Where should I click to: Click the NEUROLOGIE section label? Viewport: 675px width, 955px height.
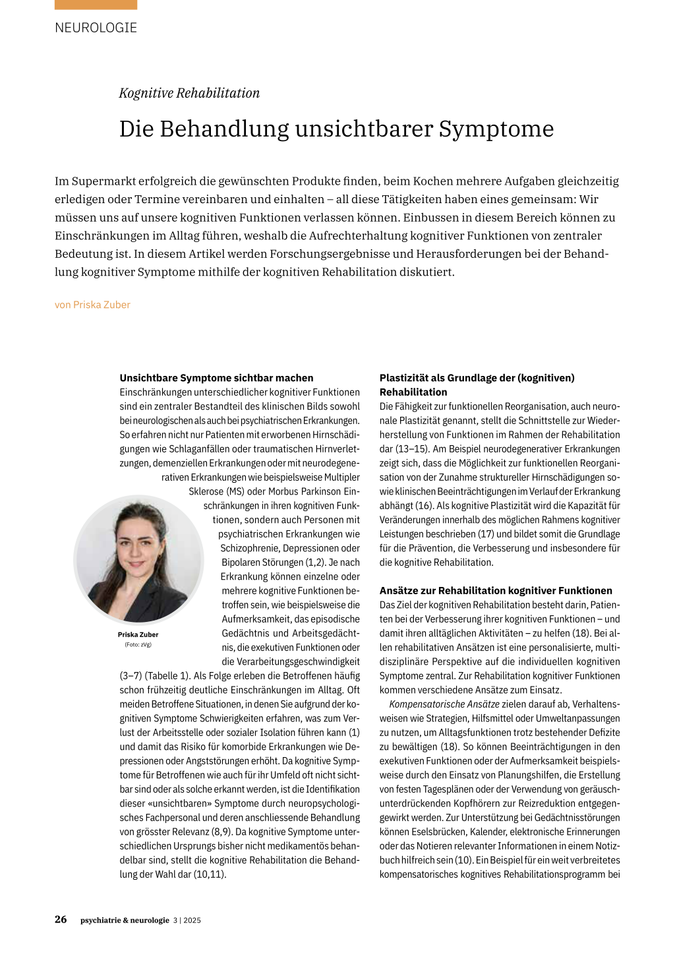pos(96,28)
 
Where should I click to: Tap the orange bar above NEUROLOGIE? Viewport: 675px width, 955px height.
pos(96,5)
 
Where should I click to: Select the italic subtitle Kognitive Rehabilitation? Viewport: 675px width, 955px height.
pos(189,93)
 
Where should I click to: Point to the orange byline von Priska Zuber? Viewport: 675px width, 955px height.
pos(92,305)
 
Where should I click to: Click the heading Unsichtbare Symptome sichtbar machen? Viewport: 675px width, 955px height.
pos(216,378)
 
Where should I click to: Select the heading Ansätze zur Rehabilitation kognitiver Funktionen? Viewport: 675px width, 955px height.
pos(496,591)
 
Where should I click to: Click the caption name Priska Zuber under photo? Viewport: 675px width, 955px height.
pos(138,634)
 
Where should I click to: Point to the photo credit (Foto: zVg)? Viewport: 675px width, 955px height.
pos(138,644)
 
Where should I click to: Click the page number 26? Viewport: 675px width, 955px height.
pos(61,919)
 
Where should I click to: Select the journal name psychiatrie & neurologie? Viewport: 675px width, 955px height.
pos(125,920)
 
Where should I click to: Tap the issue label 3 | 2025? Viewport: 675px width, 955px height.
pos(187,920)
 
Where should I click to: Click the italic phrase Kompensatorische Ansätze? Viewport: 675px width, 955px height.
pos(436,704)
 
